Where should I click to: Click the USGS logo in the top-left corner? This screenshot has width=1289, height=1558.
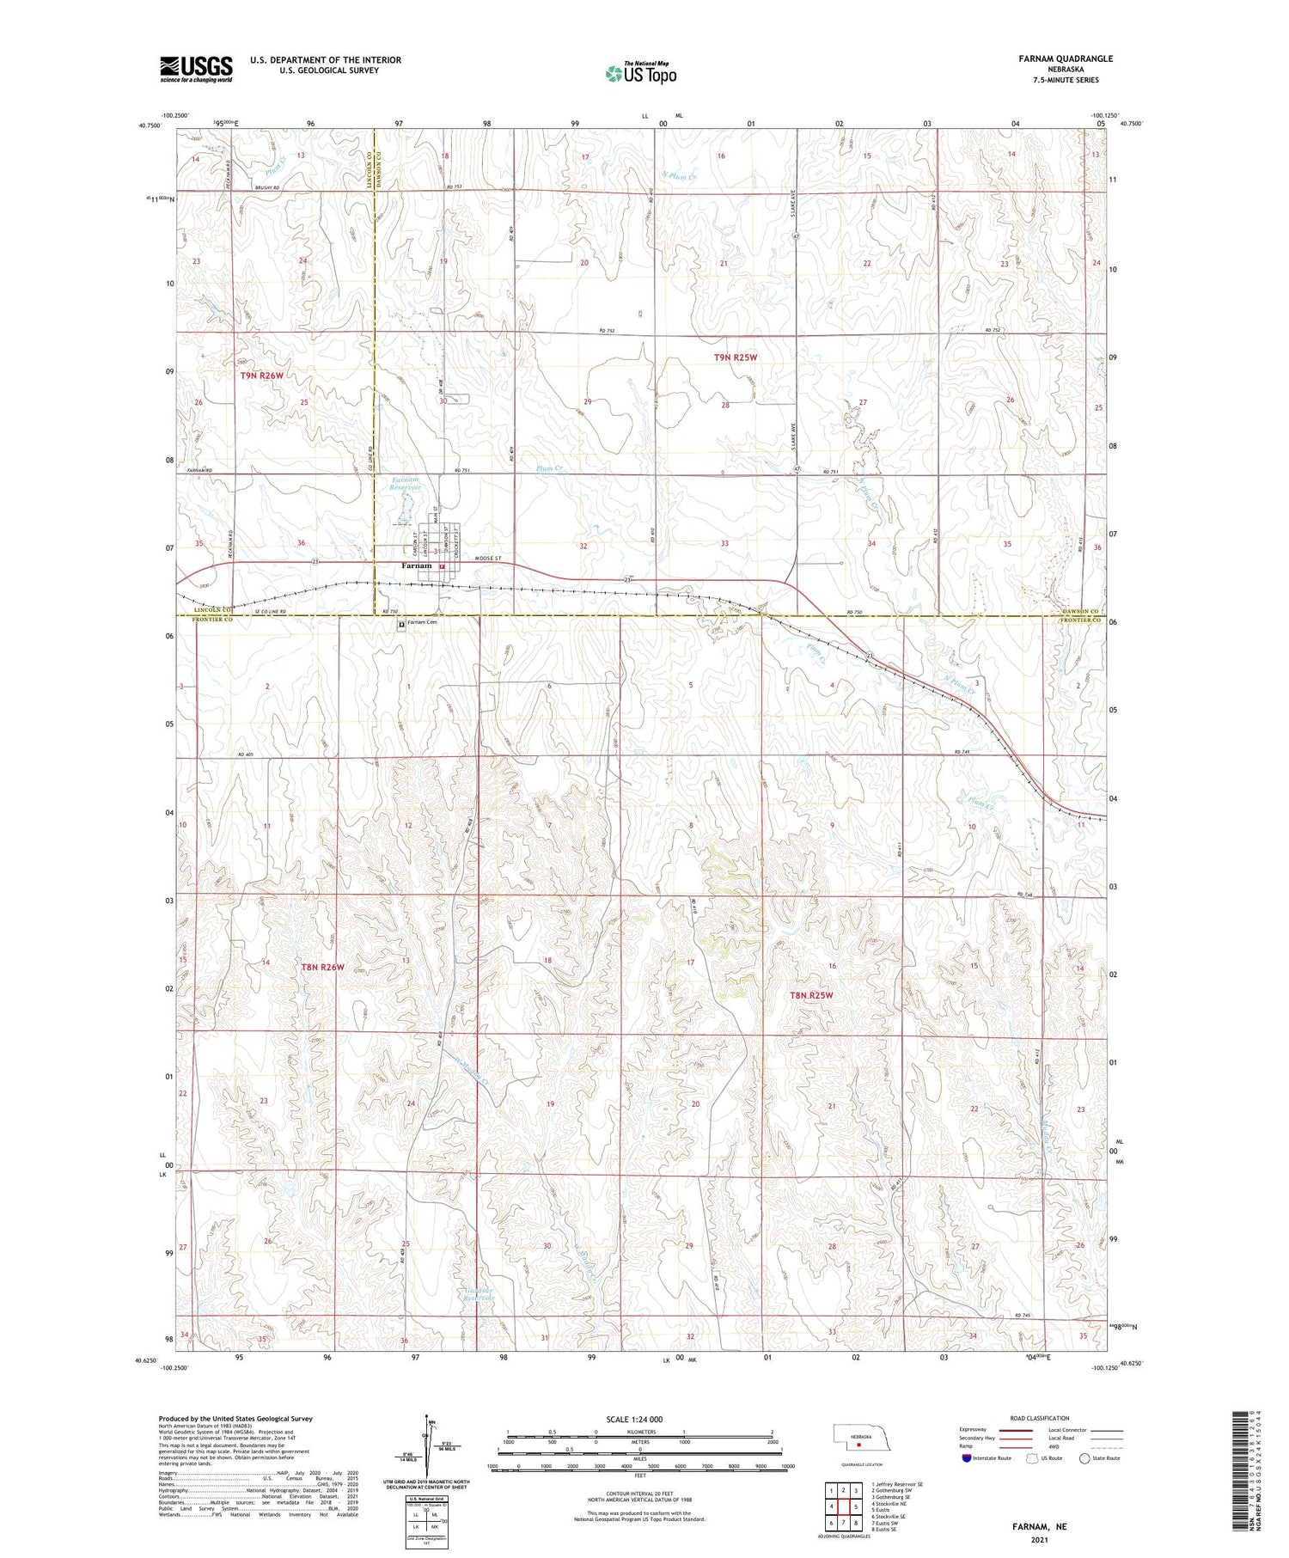coord(196,69)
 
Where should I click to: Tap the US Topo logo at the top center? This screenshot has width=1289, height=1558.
coord(641,74)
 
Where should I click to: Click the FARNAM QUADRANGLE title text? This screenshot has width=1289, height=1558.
coord(1063,58)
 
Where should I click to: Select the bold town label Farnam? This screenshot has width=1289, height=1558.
coord(417,565)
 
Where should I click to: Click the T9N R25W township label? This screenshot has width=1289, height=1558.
coord(735,357)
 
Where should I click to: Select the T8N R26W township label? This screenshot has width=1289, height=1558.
coord(322,968)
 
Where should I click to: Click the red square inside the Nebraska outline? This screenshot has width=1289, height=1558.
coord(858,1445)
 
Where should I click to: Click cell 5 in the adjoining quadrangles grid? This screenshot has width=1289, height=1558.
coord(856,1506)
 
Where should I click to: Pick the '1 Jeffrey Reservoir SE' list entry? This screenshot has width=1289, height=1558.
coord(897,1484)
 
